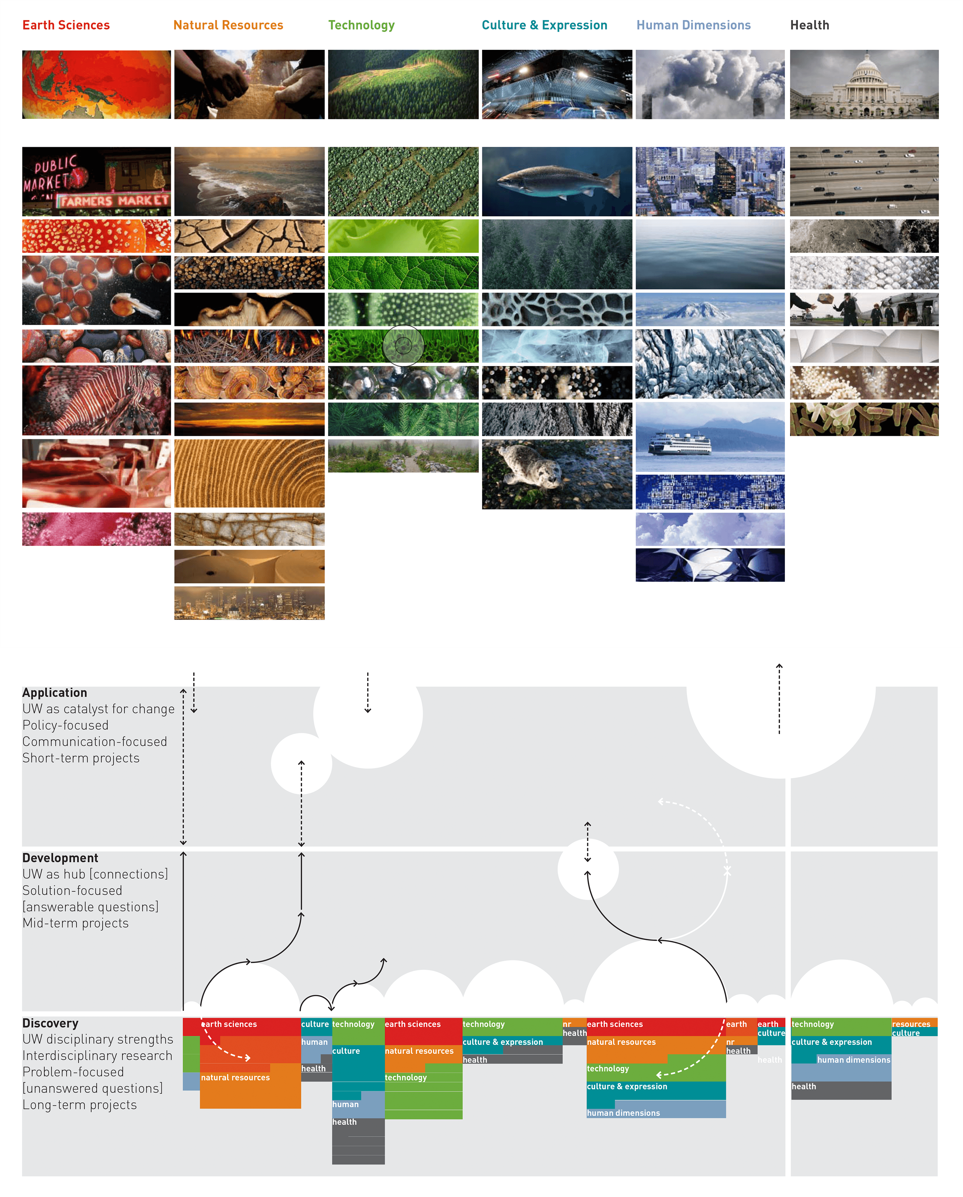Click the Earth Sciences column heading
click(x=66, y=25)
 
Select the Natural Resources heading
click(x=228, y=25)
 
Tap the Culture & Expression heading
click(x=544, y=25)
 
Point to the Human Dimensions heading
click(x=693, y=25)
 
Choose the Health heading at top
click(x=809, y=25)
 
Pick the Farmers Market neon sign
click(x=114, y=201)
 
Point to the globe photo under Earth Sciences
click(x=97, y=84)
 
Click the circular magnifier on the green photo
click(x=403, y=346)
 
